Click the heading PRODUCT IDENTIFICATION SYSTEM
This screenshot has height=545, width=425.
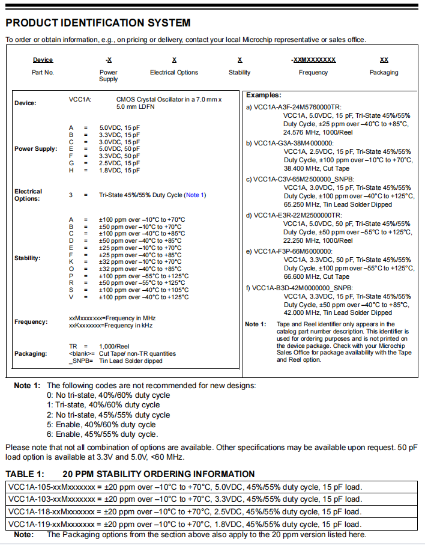click(x=98, y=23)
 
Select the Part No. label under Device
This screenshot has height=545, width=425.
click(x=43, y=73)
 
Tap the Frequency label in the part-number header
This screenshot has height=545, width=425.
click(x=313, y=73)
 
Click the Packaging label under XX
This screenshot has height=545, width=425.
click(x=384, y=73)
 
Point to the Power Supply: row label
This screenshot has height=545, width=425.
click(x=36, y=148)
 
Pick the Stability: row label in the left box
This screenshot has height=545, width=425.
click(x=28, y=258)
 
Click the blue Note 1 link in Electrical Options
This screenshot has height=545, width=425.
click(x=195, y=195)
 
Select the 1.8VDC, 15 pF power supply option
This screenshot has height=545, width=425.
click(x=119, y=171)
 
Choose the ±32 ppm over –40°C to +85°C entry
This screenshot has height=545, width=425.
click(x=142, y=269)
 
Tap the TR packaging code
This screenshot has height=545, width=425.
click(x=74, y=347)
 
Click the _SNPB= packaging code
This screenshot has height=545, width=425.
click(x=79, y=361)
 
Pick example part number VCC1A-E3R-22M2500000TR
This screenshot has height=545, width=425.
click(x=298, y=215)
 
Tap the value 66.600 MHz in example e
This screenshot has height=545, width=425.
click(x=303, y=276)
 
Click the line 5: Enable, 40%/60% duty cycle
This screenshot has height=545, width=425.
click(x=102, y=424)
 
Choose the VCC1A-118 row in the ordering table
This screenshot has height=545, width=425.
click(x=184, y=511)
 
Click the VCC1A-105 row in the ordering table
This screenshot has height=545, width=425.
click(x=184, y=487)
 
